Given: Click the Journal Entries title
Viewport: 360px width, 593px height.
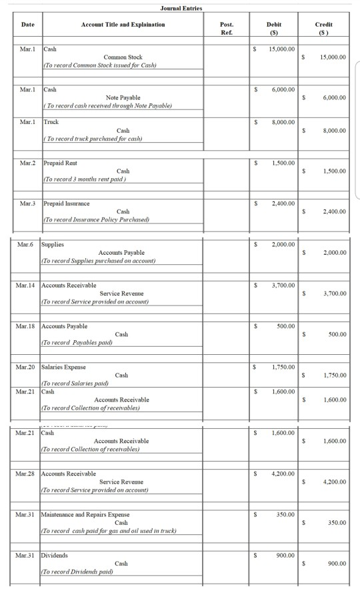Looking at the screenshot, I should pos(181,7).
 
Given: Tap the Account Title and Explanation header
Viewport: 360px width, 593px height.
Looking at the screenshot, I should pos(123,24).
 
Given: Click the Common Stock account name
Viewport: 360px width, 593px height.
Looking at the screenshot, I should pos(123,57).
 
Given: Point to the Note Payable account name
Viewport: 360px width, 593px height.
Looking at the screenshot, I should pos(123,97).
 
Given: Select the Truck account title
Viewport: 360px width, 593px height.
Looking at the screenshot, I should pos(51,122).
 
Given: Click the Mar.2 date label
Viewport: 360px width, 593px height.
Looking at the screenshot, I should pos(27,163).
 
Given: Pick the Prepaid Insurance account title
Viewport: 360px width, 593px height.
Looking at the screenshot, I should pos(67,203).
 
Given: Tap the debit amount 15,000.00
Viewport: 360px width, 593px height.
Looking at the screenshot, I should pos(281,49).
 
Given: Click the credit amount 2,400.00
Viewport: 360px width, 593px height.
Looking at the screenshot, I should pos(332,211).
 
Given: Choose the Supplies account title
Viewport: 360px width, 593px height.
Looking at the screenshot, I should pos(53,245).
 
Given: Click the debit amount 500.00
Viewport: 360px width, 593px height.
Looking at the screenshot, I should pos(285,326).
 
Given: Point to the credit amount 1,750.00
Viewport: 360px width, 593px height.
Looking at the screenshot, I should pos(332,375).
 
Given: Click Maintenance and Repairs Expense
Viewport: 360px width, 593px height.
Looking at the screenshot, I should pos(86,514).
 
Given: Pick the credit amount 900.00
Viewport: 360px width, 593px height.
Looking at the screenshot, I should pos(336,563).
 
